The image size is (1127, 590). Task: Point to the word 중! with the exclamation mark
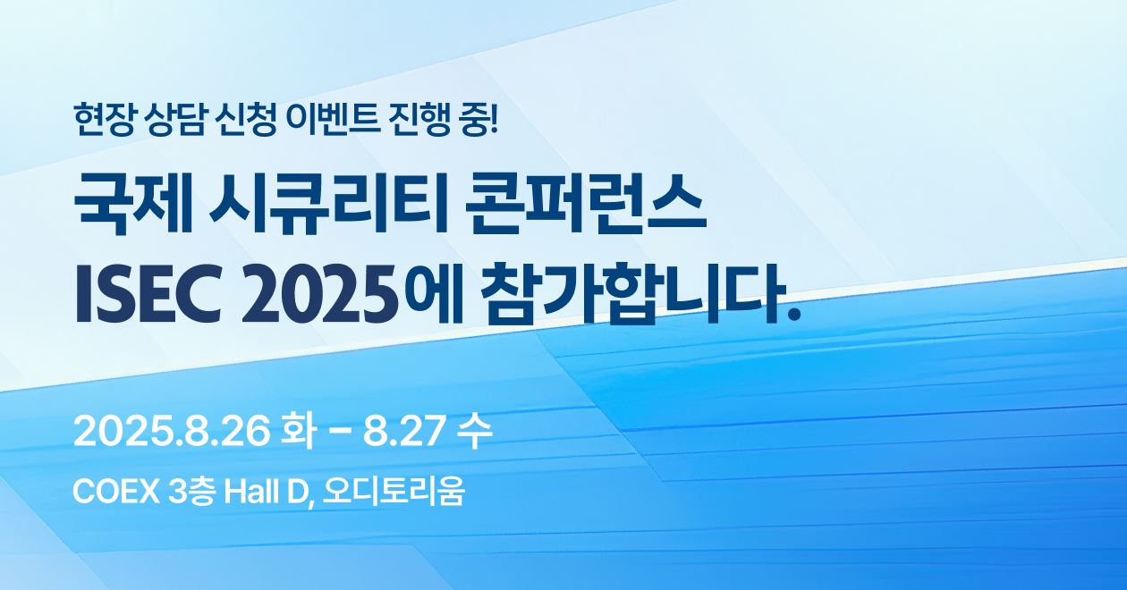coord(479,119)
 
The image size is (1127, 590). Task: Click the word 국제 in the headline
coord(133,204)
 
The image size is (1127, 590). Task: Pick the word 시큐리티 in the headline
coord(328,204)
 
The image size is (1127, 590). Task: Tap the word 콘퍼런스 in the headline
coord(586,204)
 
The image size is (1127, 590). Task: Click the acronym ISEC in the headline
coord(148,293)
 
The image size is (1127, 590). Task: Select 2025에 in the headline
coord(352,293)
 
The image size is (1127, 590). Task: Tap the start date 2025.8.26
coord(172,431)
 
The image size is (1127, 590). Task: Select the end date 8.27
coord(403,431)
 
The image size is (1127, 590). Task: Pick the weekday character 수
coord(474,431)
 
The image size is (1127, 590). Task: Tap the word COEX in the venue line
coord(116,492)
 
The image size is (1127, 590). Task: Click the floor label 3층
coord(192,492)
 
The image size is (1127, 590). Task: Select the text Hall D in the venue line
coord(267,492)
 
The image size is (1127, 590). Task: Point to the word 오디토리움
coord(394,492)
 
